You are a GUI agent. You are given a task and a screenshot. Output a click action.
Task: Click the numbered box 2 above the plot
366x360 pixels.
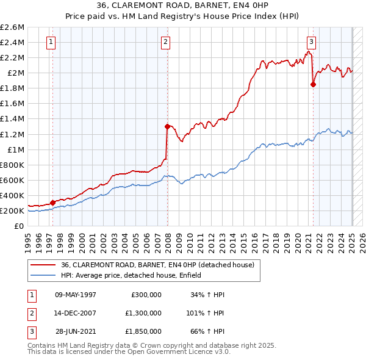[x=165, y=42]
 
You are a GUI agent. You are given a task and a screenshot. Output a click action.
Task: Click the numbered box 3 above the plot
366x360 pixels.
[x=311, y=42]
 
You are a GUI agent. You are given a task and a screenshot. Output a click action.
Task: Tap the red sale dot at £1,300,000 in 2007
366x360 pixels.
[x=167, y=127]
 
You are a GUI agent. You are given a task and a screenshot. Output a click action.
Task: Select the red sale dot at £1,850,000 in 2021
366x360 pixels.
[x=313, y=85]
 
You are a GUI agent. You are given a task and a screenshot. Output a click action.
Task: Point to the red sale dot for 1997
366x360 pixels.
[x=52, y=203]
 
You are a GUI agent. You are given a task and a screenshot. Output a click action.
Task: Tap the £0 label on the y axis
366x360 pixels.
[x=20, y=226]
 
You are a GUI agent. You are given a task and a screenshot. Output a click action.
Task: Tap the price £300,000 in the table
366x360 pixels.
[x=146, y=295]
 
